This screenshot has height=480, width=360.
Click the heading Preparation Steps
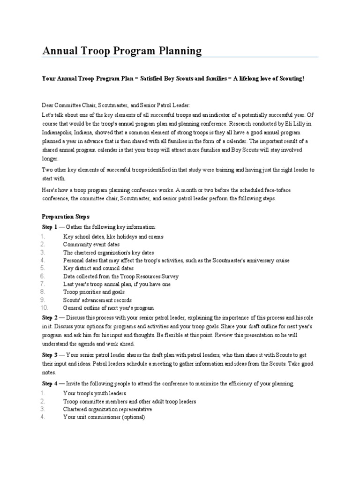pos(62,217)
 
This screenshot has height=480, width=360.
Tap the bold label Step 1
pos(49,227)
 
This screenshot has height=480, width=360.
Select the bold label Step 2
pos(49,317)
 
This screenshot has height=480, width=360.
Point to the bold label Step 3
pos(49,355)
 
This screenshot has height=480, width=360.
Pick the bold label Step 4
pos(49,383)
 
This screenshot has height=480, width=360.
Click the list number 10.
pos(45,308)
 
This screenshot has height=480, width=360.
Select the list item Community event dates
pos(91,245)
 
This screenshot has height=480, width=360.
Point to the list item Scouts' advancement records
pos(97,300)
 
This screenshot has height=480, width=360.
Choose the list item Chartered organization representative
pos(107,409)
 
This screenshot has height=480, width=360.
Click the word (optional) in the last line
pos(134,418)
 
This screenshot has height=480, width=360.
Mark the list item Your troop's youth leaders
pos(94,393)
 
